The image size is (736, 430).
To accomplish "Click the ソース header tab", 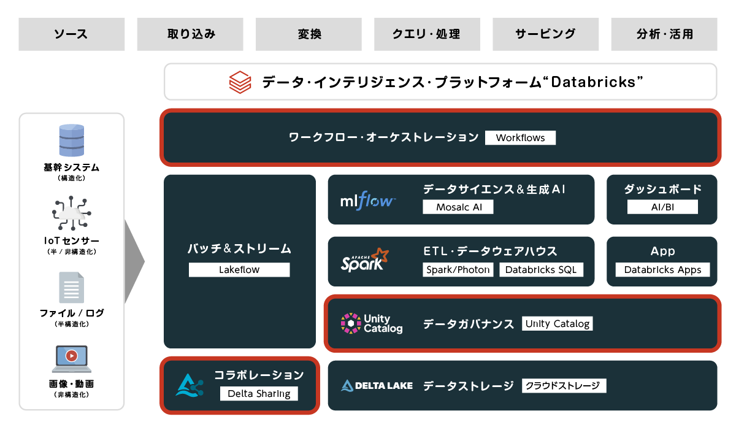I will pyautogui.click(x=71, y=34).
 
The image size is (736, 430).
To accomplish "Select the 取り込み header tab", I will pyautogui.click(x=190, y=34).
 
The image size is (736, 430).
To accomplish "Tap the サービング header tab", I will pyautogui.click(x=545, y=34).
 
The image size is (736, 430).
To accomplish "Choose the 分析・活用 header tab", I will pyautogui.click(x=664, y=34).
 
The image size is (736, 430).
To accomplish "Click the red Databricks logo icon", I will pyautogui.click(x=240, y=82).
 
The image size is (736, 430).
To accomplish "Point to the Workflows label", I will pyautogui.click(x=520, y=137).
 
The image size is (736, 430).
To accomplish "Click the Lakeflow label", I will pyautogui.click(x=239, y=270).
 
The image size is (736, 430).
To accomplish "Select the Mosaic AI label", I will pyautogui.click(x=458, y=207).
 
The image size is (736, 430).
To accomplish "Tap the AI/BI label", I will pyautogui.click(x=662, y=207).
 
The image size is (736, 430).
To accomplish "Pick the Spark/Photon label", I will pyautogui.click(x=458, y=269).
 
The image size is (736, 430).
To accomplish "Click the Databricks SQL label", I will pyautogui.click(x=541, y=269).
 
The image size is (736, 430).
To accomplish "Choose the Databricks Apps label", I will pyautogui.click(x=662, y=270).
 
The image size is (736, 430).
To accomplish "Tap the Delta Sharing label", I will pyautogui.click(x=259, y=393).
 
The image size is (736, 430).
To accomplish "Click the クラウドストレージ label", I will pyautogui.click(x=564, y=386).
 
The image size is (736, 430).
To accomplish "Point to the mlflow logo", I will pyautogui.click(x=367, y=201).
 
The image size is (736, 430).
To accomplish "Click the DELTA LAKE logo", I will pyautogui.click(x=377, y=386).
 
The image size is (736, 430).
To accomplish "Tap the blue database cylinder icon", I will pyautogui.click(x=72, y=140).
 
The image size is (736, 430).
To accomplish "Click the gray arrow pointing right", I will pyautogui.click(x=134, y=262).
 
